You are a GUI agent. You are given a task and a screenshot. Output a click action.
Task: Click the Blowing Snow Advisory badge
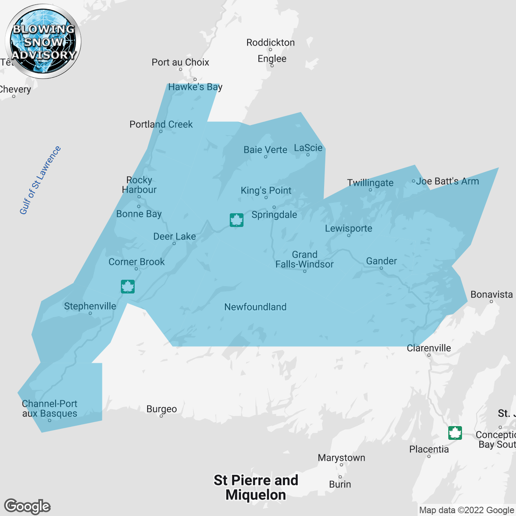[x=43, y=42]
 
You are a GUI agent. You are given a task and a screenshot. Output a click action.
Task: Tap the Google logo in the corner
[x=27, y=506]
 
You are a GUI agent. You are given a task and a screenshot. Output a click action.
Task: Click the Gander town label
[x=381, y=261]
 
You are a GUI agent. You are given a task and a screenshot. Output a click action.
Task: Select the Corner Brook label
[x=136, y=262]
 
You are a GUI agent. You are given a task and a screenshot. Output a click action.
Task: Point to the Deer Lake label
[x=174, y=237]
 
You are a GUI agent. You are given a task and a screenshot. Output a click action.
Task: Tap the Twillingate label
[x=370, y=183]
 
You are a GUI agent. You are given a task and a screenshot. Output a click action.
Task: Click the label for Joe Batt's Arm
[x=447, y=181]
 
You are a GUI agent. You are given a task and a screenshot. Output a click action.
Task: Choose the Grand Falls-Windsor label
[x=304, y=260]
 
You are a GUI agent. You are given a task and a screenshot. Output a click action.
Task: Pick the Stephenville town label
[x=90, y=306]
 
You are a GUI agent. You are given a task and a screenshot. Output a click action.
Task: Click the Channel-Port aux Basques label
[x=49, y=408]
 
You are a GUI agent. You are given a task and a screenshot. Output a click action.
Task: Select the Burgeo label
[x=161, y=409]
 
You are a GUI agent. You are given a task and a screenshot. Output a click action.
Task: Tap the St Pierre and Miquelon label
[x=256, y=487]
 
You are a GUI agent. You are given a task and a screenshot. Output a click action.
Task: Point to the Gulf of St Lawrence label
[x=40, y=180]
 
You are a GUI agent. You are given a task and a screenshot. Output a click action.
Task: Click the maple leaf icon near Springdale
[x=237, y=220]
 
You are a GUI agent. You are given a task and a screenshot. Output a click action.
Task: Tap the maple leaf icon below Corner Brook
[x=128, y=287]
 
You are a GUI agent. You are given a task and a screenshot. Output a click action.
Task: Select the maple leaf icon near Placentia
[x=455, y=433]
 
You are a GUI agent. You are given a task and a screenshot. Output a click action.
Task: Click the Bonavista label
[x=491, y=295]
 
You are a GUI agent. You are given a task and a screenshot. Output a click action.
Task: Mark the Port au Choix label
[x=180, y=62]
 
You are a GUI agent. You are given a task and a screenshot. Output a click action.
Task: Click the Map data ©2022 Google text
[x=466, y=510]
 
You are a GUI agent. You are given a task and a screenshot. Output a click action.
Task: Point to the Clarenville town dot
[x=429, y=355]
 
